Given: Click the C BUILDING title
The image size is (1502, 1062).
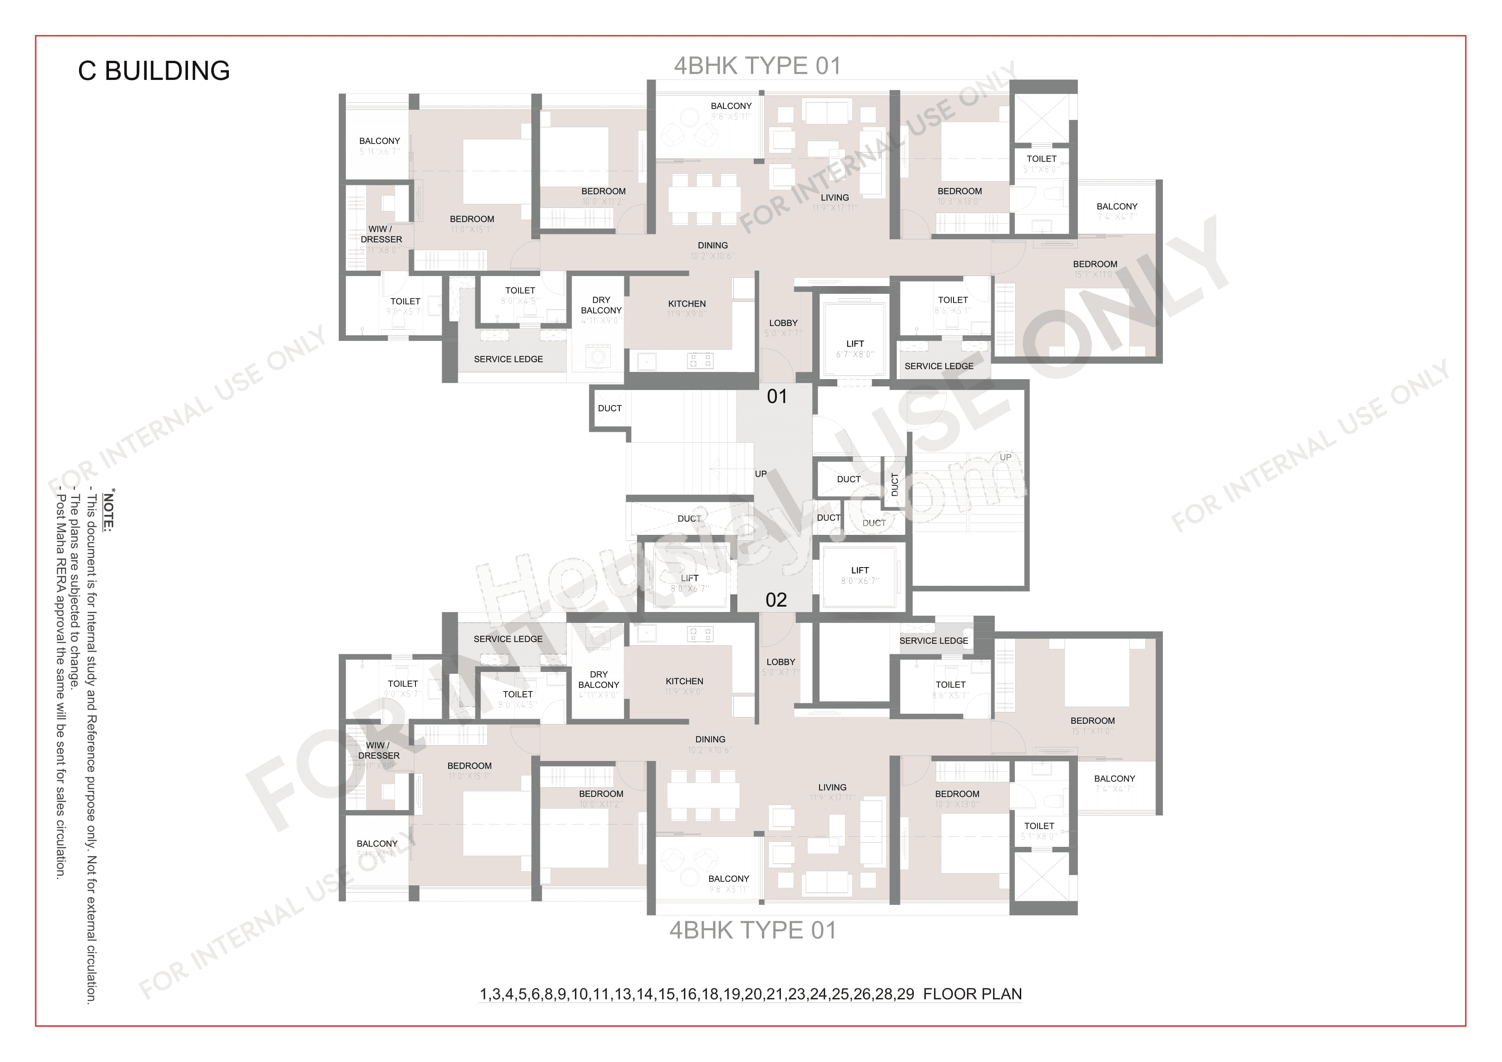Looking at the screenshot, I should (x=154, y=71).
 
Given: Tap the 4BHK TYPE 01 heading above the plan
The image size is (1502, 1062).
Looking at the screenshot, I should (x=757, y=66).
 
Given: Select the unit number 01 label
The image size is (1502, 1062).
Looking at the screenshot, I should (x=776, y=396).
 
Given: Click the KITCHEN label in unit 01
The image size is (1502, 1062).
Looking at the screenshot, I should (x=686, y=304).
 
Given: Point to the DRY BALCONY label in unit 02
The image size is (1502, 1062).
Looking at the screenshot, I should (x=598, y=679).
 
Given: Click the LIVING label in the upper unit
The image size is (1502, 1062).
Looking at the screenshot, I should (x=834, y=198).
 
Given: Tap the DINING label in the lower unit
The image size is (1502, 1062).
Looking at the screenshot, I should (x=710, y=740).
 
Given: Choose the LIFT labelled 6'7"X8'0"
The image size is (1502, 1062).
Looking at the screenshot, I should (x=855, y=344).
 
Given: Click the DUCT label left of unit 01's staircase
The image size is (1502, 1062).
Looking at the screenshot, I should (x=609, y=408).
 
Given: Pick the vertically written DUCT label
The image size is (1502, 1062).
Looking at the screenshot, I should (x=895, y=485).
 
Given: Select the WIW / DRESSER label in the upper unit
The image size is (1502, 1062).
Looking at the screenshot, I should (x=381, y=234).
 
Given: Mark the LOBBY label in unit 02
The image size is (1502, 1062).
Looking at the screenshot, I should (x=781, y=662).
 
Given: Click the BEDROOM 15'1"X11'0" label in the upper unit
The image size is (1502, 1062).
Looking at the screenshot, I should (x=1094, y=264).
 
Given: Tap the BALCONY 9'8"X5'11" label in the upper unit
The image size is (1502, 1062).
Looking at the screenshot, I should (x=731, y=106).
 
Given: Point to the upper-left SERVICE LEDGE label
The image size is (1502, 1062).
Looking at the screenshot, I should (x=508, y=359).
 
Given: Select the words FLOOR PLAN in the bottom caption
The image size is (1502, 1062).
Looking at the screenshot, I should (x=972, y=994).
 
